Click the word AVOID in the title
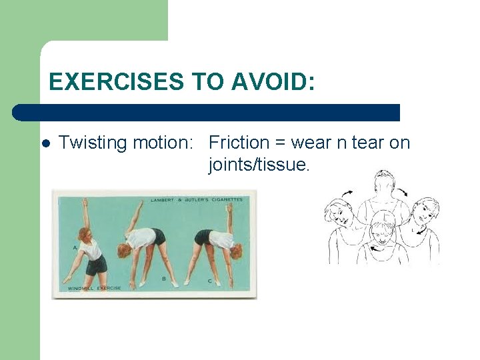point(273,82)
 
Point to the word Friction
point(239,143)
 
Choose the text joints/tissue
point(259,165)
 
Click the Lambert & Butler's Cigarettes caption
point(196,199)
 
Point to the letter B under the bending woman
point(164,279)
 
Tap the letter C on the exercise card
point(209,281)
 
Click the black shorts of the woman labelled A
point(97,264)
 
